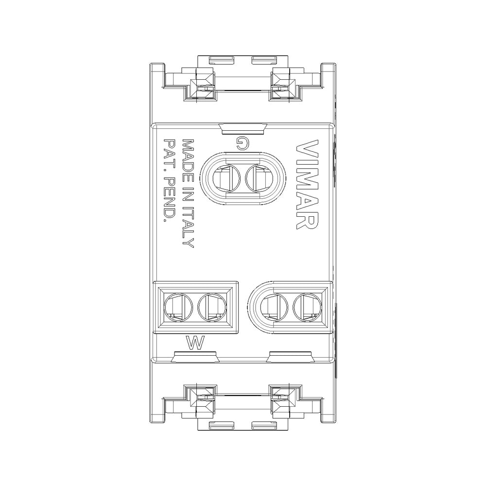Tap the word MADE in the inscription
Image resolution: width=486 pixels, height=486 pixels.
click(x=187, y=156)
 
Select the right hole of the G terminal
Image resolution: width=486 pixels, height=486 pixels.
click(x=259, y=178)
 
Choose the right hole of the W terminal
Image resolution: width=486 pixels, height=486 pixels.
click(x=210, y=307)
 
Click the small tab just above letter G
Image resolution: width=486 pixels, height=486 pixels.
click(x=243, y=128)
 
